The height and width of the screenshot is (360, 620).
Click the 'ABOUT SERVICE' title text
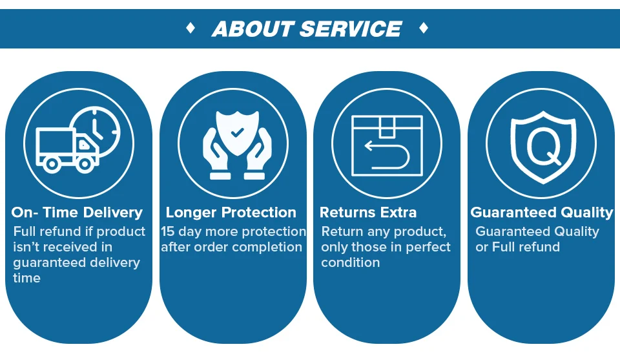tap(307, 29)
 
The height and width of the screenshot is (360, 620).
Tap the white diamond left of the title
tap(191, 28)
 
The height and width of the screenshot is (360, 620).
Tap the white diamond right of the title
tap(424, 28)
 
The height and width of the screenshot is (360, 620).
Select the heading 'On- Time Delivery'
tap(77, 213)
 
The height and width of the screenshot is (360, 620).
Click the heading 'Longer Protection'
tap(231, 213)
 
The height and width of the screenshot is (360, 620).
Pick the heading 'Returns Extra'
tap(368, 213)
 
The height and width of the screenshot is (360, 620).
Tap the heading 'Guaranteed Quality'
tap(541, 213)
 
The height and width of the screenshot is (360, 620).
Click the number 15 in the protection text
tap(169, 231)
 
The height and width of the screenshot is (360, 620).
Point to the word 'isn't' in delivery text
tap(26, 247)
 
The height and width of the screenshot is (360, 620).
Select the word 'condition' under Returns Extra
tap(350, 262)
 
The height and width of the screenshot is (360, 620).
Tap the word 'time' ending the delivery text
tap(26, 278)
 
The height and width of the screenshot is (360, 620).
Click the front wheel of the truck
tap(85, 164)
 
